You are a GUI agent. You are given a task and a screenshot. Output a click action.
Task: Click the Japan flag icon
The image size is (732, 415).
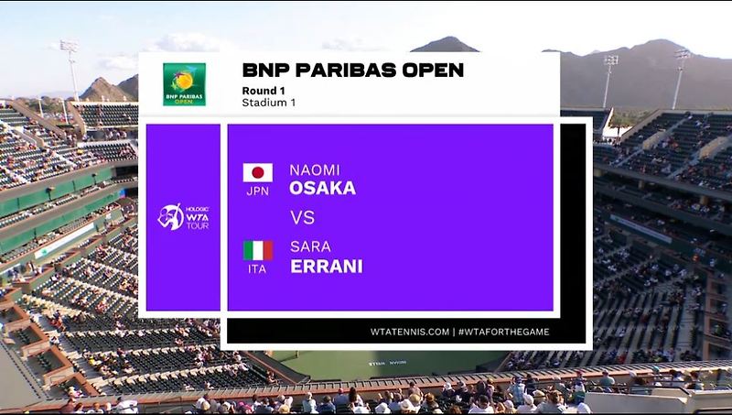coord(257,172)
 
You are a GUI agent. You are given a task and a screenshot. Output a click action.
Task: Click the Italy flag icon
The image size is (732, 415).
coord(257,250)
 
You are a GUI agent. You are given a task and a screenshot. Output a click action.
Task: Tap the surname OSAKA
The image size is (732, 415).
coord(322,188)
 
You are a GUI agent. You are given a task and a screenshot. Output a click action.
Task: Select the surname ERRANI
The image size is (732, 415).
coord(326,266)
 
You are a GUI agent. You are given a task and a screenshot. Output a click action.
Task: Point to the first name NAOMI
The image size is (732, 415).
coord(314,169)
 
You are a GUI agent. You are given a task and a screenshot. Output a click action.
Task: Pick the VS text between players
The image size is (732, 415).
coord(302,218)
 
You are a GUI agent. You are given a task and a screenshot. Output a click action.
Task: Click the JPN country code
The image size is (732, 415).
coord(257,191)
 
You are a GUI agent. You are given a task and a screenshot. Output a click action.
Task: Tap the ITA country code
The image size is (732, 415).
coord(257,269)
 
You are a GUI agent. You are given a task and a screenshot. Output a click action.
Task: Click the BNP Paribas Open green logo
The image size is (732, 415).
coord(184,84)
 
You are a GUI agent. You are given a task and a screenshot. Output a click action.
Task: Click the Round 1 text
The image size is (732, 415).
coord(262,90)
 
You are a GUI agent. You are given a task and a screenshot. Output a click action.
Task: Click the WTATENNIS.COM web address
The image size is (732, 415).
coord(410,331)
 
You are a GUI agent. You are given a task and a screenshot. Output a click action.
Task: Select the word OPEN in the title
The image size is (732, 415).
coord(434,71)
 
